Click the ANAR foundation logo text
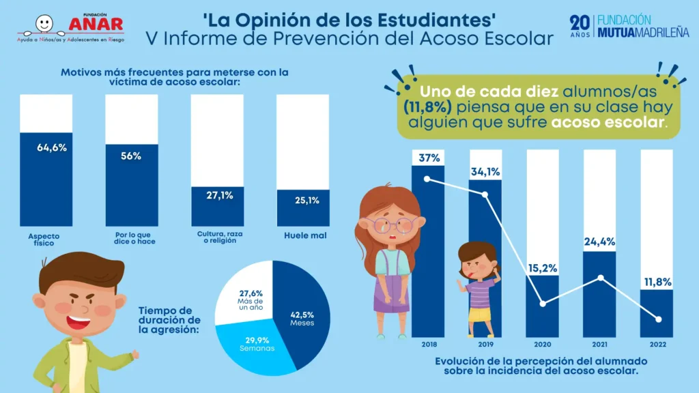[x=96, y=24]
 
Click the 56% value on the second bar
[x=131, y=156]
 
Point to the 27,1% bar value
[x=220, y=195]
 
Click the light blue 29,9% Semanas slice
[x=254, y=345]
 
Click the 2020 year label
[x=543, y=345]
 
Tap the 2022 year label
[x=657, y=345]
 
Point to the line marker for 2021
[x=601, y=277]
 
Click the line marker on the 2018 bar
[x=427, y=179]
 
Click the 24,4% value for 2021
[x=600, y=241]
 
